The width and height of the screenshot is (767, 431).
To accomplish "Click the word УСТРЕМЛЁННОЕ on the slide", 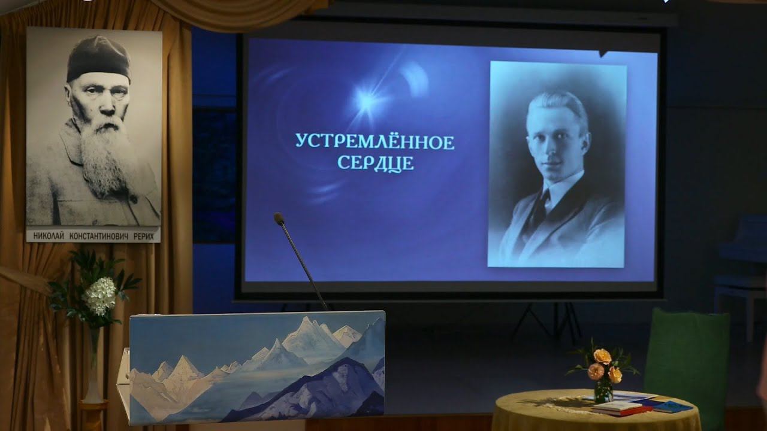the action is pos(375,142).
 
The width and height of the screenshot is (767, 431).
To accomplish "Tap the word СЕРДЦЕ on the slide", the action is pos(376,163).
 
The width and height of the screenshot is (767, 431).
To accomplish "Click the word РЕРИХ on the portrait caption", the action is pos(143,236).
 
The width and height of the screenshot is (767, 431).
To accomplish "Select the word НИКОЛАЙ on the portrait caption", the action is pos(49,236).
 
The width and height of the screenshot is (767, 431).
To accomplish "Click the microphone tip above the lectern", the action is pos(279,218).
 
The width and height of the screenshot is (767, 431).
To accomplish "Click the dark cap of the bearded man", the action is pos(98,59).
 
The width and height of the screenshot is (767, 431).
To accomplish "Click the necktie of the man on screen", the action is pos(540,209).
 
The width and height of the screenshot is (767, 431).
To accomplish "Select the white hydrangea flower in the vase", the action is pos(101,295).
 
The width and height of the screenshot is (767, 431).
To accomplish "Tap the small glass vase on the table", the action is pos(603,391).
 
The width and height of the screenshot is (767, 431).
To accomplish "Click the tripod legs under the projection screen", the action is pos(548,321).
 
